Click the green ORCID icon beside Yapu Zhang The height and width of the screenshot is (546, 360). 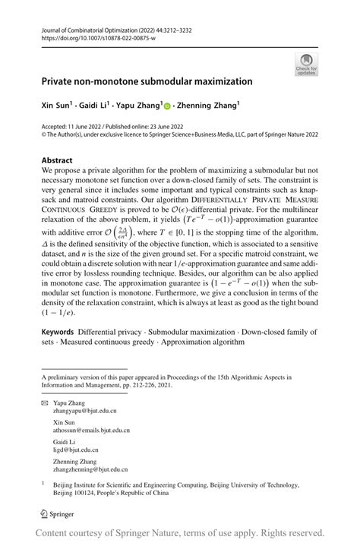[x=188, y=107]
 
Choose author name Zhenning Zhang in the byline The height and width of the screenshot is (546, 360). [x=227, y=106]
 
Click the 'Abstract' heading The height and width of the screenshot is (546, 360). [x=57, y=161]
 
